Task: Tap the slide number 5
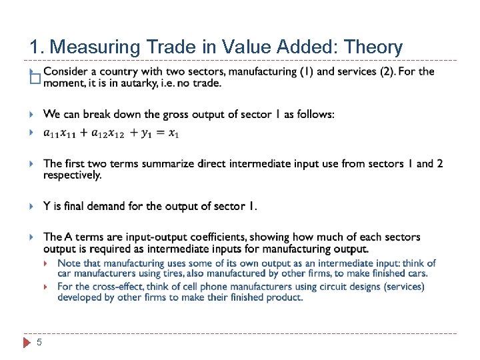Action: coord(39,343)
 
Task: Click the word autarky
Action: coord(144,83)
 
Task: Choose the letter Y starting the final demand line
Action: coord(47,206)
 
